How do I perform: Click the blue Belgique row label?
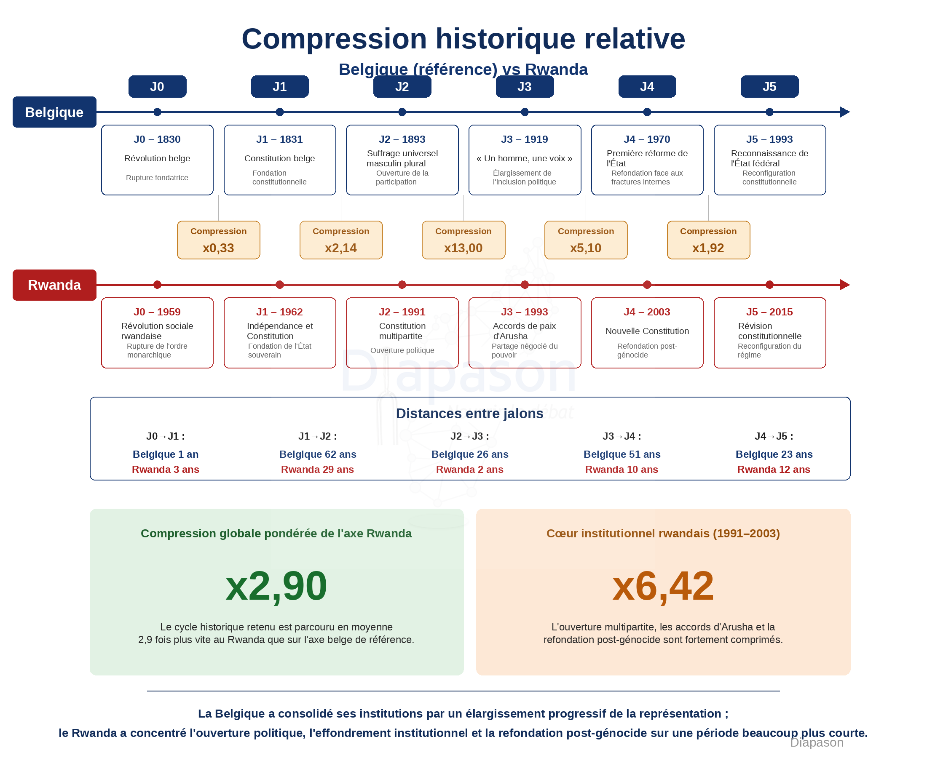click(x=54, y=112)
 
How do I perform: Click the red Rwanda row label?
click(x=54, y=285)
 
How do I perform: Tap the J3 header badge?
click(x=525, y=86)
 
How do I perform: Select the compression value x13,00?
click(x=463, y=248)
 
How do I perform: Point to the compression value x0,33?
click(x=218, y=248)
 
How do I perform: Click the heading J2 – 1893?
click(x=402, y=139)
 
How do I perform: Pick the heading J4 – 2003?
click(x=647, y=312)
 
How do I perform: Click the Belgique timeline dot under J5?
click(x=770, y=112)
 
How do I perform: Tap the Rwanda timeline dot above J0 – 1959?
click(x=157, y=285)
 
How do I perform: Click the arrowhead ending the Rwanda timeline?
click(x=845, y=285)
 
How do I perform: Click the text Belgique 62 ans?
click(x=318, y=454)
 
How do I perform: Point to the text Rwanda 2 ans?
click(x=470, y=470)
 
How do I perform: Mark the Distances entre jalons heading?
click(x=470, y=413)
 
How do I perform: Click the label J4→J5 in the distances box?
click(x=774, y=436)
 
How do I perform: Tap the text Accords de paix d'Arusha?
click(x=524, y=331)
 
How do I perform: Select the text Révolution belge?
click(x=157, y=158)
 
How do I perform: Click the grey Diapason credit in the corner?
click(x=817, y=742)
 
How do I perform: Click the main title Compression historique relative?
click(x=463, y=38)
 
